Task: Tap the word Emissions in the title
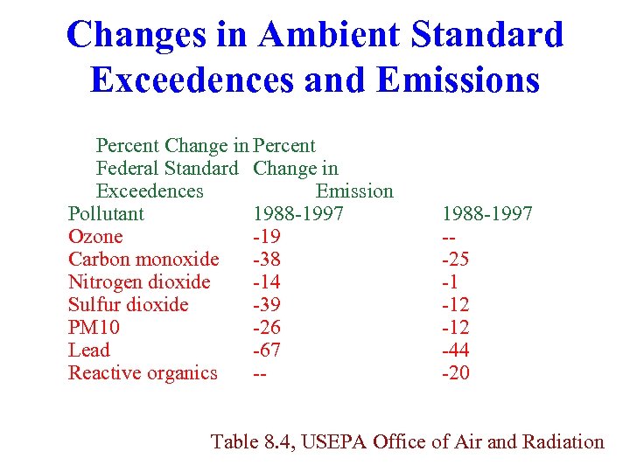pyautogui.click(x=458, y=80)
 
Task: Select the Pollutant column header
pyautogui.click(x=106, y=214)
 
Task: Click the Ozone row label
pyautogui.click(x=95, y=237)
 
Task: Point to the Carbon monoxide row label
pyautogui.click(x=143, y=260)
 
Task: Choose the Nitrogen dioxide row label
pyautogui.click(x=139, y=282)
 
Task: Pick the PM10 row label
pyautogui.click(x=94, y=328)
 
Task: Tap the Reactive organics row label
pyautogui.click(x=143, y=373)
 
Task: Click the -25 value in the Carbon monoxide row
pyautogui.click(x=456, y=260)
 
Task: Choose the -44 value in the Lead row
pyautogui.click(x=456, y=351)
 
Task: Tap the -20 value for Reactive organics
pyautogui.click(x=456, y=373)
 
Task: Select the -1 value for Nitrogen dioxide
pyautogui.click(x=451, y=282)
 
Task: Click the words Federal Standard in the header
pyautogui.click(x=167, y=169)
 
